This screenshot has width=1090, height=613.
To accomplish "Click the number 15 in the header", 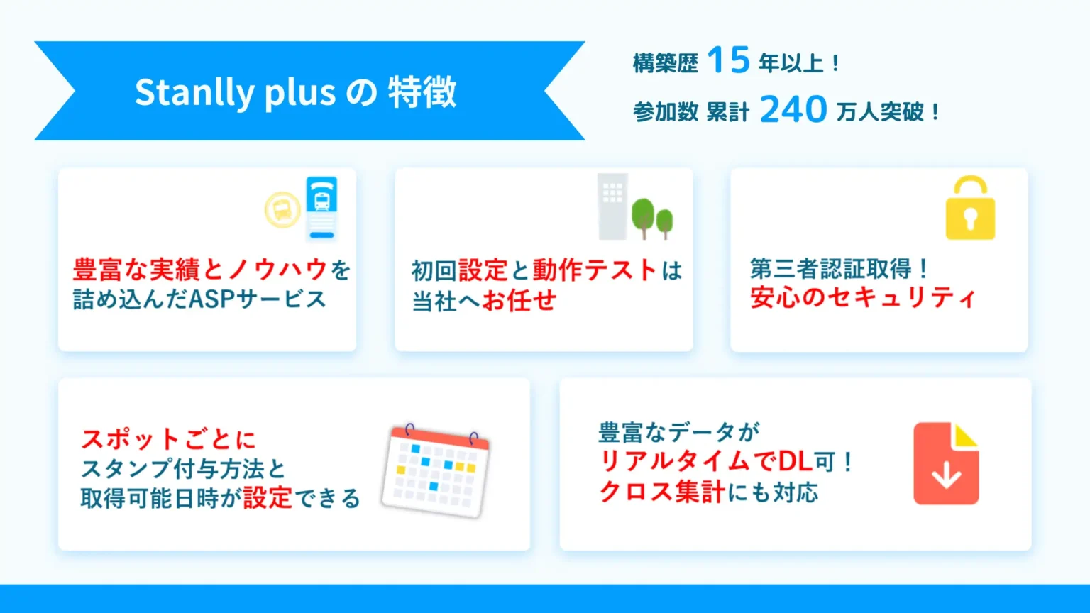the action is point(728,60).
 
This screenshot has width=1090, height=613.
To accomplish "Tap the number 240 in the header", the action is point(793,109).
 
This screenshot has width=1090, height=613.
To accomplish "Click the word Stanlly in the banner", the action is point(194,92).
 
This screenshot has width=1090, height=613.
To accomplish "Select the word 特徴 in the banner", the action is point(422,92).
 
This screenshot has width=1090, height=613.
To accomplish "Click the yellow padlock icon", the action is point(970,208).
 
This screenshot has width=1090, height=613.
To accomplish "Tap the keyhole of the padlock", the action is point(970,219).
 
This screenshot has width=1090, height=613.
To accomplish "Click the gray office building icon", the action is point(612,206).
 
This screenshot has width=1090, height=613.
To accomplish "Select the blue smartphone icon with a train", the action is point(321,209).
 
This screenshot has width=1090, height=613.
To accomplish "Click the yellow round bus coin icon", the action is point(282,210).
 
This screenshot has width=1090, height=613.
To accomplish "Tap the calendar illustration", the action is point(436,470).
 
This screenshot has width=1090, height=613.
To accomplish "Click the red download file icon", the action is point(946,463).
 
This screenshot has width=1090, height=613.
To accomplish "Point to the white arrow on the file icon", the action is point(946,475).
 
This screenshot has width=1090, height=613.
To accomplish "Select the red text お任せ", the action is point(519,300).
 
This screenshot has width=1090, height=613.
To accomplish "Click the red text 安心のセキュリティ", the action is point(863,297).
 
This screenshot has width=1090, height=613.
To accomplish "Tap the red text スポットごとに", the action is point(168,439).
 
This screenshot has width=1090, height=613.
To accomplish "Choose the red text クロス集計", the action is point(662,492).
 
